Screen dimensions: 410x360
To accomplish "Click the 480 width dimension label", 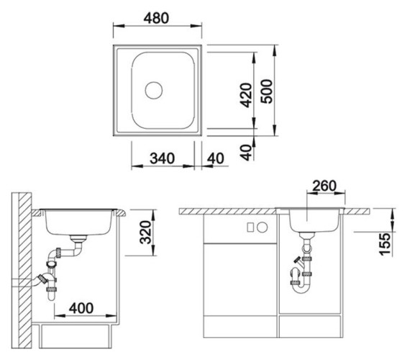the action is coord(156,18).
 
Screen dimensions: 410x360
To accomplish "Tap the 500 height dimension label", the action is coord(267,91).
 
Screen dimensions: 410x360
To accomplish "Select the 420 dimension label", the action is coord(246,95).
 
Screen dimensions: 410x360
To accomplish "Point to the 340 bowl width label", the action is coord(162,158).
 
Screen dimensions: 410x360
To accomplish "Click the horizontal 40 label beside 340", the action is coord(216,158).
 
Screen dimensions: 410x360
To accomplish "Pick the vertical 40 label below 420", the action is coord(246,153).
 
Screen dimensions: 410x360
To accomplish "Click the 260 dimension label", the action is coord(324,186).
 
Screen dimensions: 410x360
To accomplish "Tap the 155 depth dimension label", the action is coord(385,244).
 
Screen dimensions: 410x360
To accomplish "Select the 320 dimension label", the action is coord(145,233).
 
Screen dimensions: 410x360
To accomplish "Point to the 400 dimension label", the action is coord(81,308).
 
